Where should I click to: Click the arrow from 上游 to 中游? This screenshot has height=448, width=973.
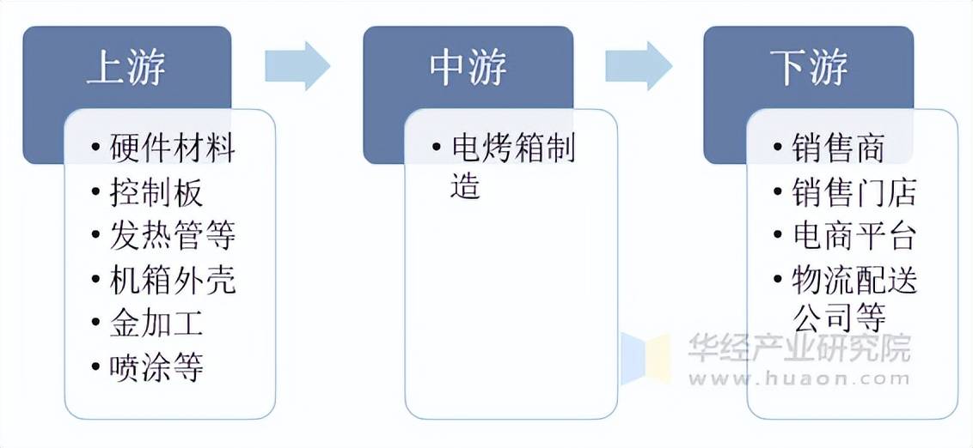point(297,65)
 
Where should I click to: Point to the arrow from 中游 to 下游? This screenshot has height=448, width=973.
point(639,65)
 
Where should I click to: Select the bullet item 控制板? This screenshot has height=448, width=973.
point(156,193)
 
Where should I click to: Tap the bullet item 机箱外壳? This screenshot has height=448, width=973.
point(172,281)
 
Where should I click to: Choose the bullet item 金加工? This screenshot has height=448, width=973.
point(156,324)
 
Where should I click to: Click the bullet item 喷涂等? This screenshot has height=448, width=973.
point(156,368)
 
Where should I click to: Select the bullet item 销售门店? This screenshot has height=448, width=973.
point(854,193)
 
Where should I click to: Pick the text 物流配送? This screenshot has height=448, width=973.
point(854,281)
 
